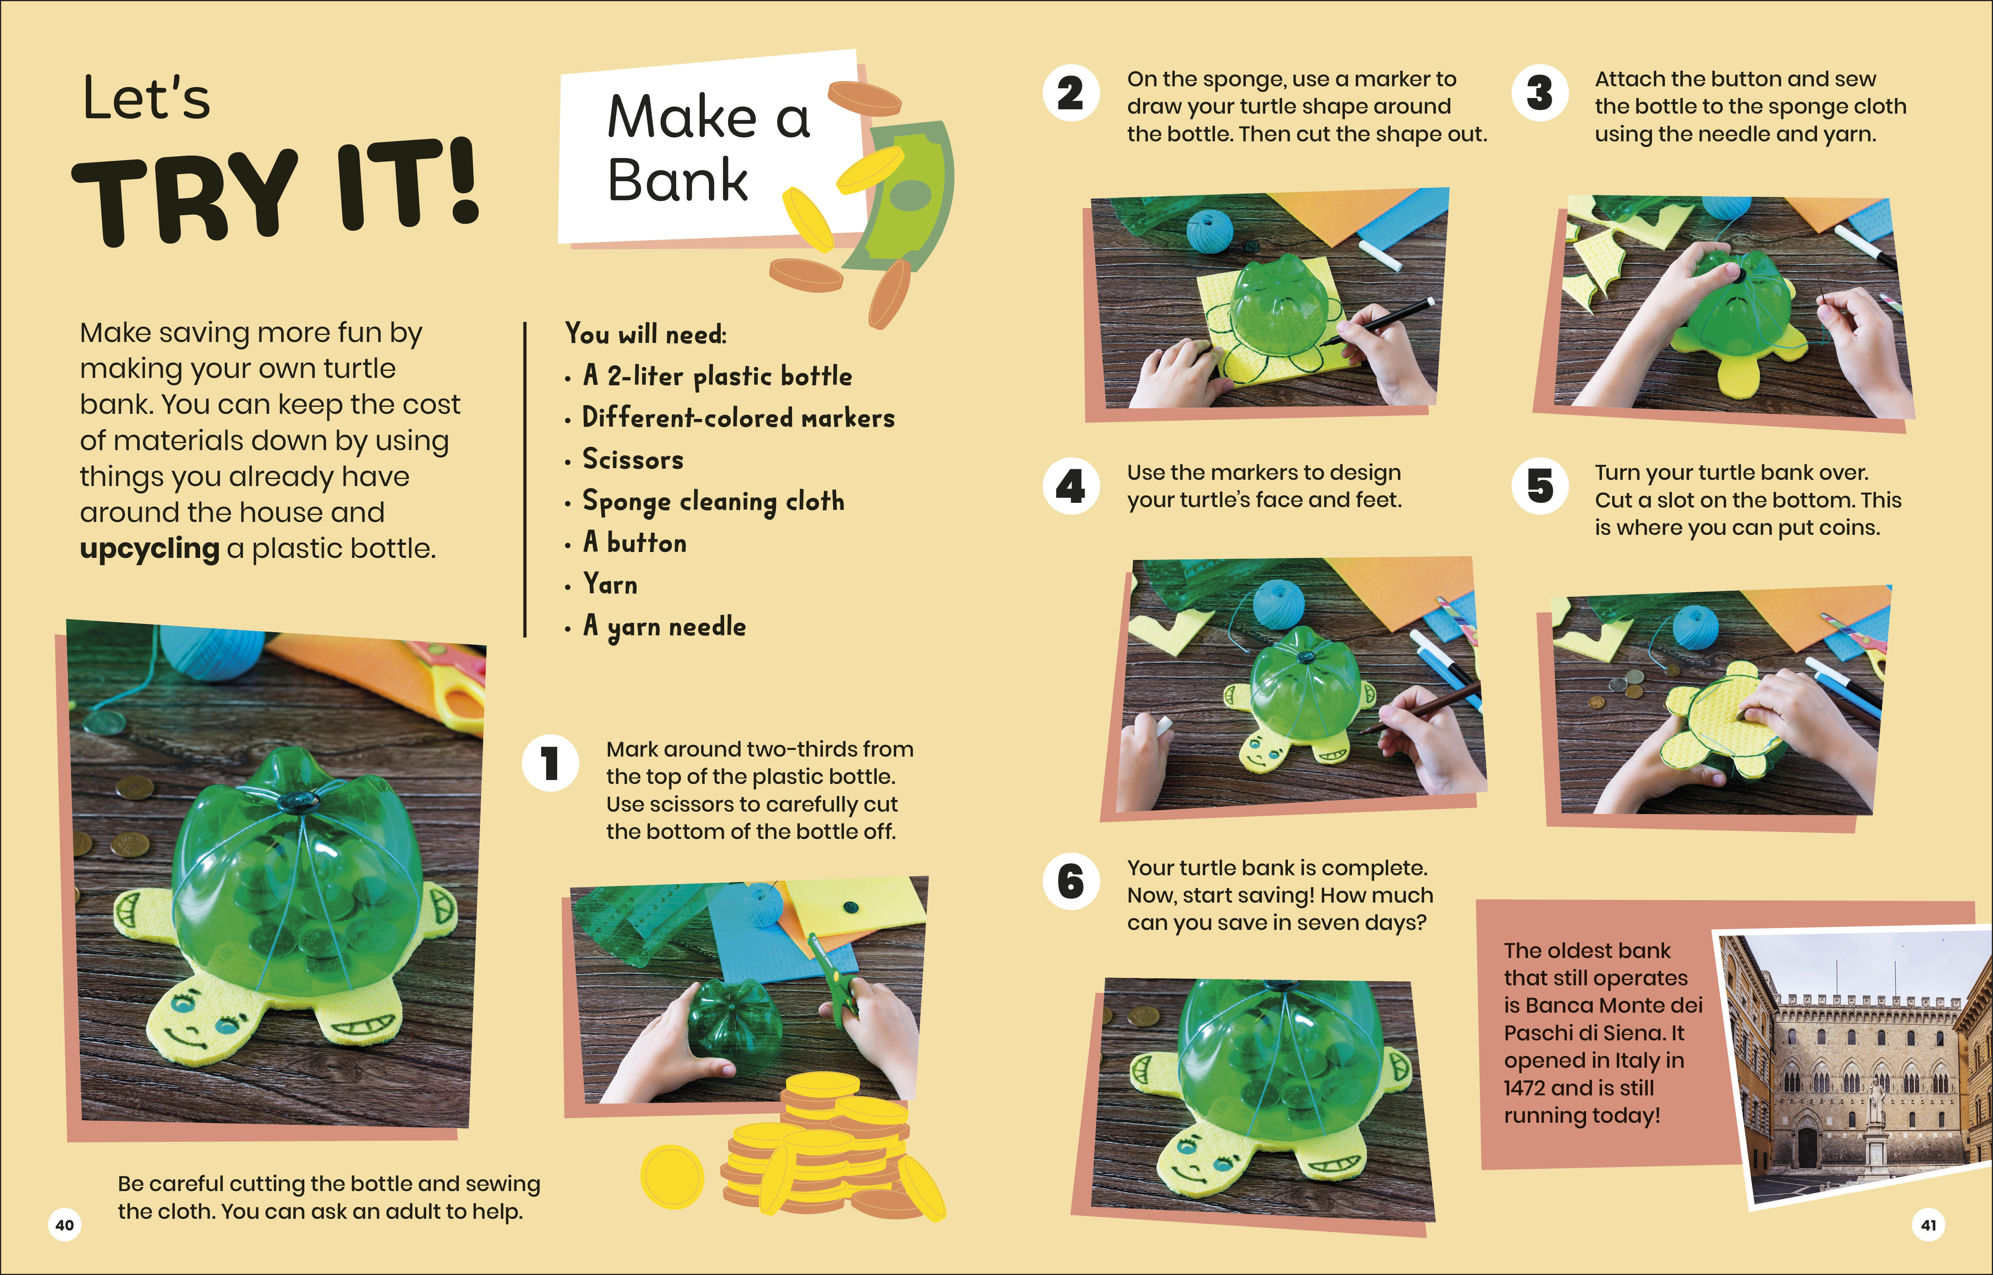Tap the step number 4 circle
coord(1071,486)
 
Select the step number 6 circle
coord(1071,882)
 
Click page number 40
coord(64,1225)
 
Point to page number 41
coord(1929,1225)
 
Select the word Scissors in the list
coord(633,459)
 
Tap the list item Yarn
coord(610,584)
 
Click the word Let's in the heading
coord(146,98)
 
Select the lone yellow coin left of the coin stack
coord(672,1176)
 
